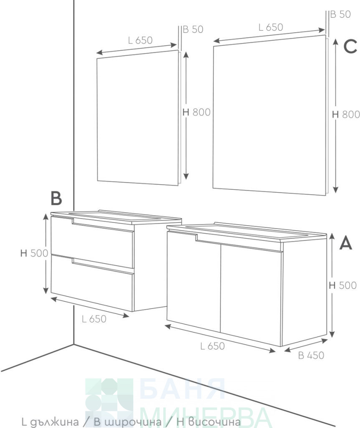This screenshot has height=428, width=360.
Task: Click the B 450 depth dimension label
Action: coord(311,355)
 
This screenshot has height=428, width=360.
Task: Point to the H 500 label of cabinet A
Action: coord(343,285)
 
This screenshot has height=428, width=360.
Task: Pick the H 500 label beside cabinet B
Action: coord(34,253)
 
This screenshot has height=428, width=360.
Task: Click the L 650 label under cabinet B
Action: coord(94,319)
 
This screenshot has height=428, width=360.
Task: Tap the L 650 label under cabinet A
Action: coord(213,346)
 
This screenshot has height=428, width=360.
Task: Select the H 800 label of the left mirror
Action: coord(196,112)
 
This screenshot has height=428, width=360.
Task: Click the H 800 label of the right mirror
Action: coord(346,115)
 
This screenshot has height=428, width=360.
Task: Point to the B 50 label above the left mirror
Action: coord(193,29)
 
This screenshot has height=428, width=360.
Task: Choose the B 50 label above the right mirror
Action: coord(340,14)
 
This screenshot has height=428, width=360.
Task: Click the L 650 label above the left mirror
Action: coord(140,41)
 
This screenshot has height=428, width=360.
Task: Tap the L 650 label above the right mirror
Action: coord(271,27)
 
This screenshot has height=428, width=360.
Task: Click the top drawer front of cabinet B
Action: coord(92,242)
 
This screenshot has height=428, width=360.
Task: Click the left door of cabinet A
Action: coord(194,281)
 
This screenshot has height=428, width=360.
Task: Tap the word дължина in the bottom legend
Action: coord(54,422)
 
